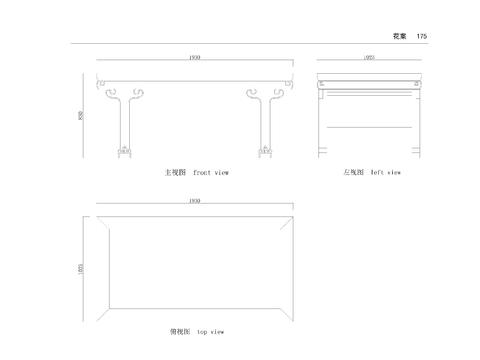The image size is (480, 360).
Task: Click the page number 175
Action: [422, 36]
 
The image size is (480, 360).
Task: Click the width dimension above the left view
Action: [369, 58]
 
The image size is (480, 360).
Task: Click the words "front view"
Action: [211, 172]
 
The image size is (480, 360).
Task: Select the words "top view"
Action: [210, 331]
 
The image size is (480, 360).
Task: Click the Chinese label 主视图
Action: [176, 172]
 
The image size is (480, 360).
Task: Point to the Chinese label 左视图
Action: [353, 172]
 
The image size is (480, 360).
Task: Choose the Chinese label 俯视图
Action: [179, 331]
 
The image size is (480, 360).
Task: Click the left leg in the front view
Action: [123, 125]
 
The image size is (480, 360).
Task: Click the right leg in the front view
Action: [266, 125]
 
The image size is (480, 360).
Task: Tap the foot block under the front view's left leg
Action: [124, 153]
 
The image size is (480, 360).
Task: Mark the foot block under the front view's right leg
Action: [266, 153]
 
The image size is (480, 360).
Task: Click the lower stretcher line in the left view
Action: [369, 128]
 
